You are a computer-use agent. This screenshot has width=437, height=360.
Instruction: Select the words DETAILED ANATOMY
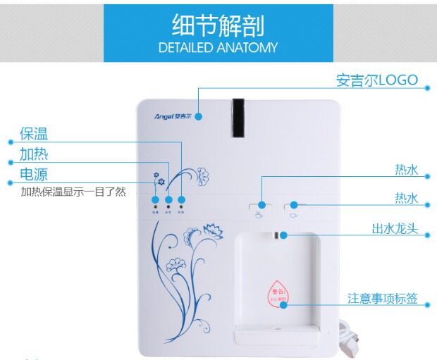[x=218, y=48]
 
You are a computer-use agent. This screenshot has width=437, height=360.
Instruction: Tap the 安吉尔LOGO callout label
[x=376, y=80]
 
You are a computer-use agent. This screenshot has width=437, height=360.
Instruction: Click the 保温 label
[x=34, y=134]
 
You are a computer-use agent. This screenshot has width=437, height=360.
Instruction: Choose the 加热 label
[x=34, y=154]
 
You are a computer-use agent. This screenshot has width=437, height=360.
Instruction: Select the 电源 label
[x=34, y=175]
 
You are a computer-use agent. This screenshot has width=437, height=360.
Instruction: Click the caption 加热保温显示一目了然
[x=73, y=192]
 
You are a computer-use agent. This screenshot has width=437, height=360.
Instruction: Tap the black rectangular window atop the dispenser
[x=239, y=117]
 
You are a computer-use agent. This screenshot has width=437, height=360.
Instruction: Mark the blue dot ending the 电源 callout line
[x=155, y=199]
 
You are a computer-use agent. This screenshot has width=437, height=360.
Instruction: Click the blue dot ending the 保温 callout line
[x=182, y=199]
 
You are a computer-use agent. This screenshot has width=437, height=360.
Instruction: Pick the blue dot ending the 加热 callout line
[x=168, y=199]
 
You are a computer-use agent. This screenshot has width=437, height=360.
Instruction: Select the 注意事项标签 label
[x=382, y=299]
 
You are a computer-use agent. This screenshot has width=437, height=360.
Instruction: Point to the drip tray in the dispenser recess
[x=277, y=333]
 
